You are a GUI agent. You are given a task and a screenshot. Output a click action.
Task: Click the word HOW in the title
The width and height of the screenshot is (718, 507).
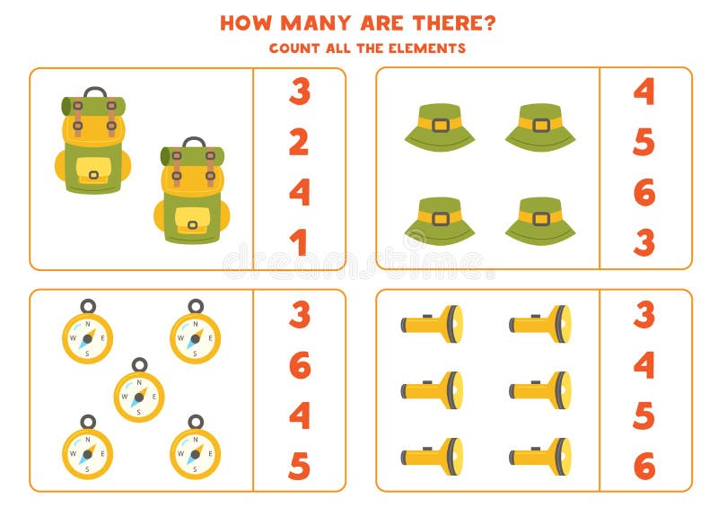pos(246,22)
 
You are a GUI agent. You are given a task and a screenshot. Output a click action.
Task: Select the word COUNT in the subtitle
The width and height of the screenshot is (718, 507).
pos(293,48)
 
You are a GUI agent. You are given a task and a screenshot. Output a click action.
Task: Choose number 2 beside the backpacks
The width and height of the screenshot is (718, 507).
pos(299,142)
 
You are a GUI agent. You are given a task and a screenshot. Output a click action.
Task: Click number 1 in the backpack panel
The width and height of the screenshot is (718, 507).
pos(299,242)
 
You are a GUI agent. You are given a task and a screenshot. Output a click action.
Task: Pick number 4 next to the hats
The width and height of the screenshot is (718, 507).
pos(644,92)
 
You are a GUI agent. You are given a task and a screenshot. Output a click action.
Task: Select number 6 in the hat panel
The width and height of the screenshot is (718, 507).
pos(644,192)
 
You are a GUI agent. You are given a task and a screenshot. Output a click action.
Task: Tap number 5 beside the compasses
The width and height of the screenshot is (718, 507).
pos(299,466)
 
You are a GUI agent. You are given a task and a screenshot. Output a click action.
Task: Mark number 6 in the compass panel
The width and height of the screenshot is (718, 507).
pos(299,365)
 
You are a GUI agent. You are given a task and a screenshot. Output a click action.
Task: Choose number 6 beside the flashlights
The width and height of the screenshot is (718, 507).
pos(644,466)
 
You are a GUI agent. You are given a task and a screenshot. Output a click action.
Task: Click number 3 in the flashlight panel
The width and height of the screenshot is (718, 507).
pos(644,315)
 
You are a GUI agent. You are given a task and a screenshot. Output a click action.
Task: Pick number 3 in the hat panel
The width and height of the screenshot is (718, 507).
pos(644,242)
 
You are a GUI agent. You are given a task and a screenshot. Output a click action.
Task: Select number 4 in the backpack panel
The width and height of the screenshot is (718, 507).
pos(299,192)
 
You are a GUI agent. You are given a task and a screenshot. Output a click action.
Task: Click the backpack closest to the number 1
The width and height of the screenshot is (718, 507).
pos(191,192)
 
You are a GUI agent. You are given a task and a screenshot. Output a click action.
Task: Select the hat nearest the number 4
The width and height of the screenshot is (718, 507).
pos(539,127)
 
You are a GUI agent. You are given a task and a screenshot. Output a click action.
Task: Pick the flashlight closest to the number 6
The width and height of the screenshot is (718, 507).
pos(539,457)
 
